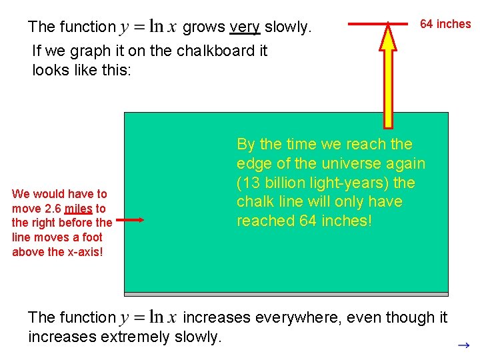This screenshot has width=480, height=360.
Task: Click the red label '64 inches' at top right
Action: (x=445, y=24)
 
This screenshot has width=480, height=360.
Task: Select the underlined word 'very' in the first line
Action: (x=244, y=27)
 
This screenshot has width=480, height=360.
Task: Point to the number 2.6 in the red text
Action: (x=53, y=209)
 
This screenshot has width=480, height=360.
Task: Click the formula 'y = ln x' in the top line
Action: (x=148, y=27)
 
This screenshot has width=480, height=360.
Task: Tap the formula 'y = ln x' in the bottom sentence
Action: (x=148, y=318)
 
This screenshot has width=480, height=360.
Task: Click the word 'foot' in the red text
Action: (x=92, y=237)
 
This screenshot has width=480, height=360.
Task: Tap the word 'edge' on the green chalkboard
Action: (x=251, y=163)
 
